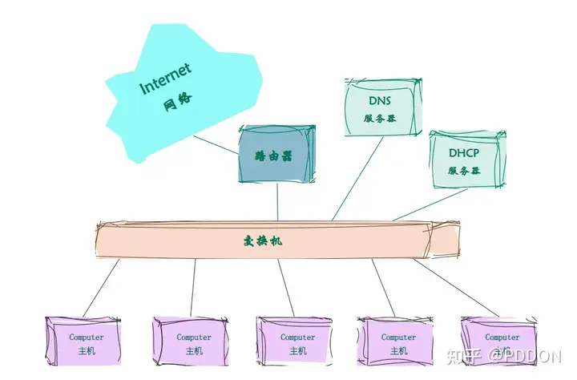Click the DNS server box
tap(380, 108)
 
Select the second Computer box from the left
tap(192, 342)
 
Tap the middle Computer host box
tap(297, 342)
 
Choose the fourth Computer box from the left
tap(397, 342)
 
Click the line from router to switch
tap(277, 200)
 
